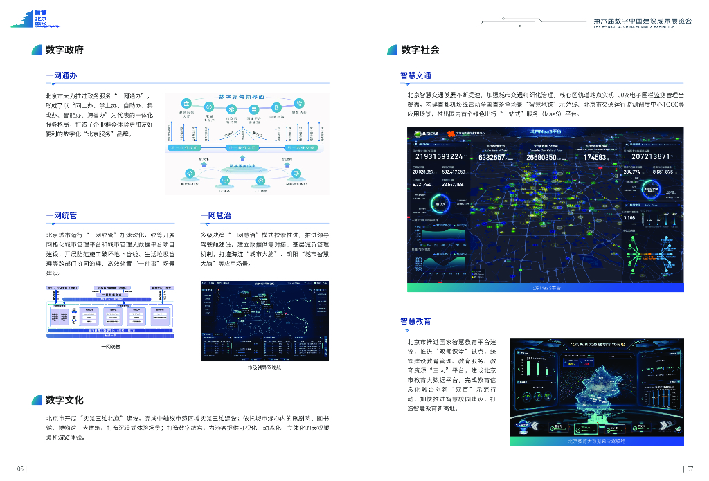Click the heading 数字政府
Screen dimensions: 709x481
[x=64, y=50]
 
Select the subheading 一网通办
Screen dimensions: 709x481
[x=60, y=75]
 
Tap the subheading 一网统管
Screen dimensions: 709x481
[x=60, y=216]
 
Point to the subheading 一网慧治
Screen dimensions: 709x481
[x=215, y=216]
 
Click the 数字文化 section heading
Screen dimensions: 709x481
[x=64, y=400]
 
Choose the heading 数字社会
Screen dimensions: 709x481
[x=420, y=50]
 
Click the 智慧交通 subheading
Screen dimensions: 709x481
[x=415, y=75]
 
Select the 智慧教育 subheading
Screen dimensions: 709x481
[x=415, y=321]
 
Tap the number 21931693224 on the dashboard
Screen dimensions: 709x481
[x=438, y=157]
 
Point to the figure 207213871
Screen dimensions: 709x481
[x=650, y=157]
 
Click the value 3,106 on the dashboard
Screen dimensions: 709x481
[x=629, y=218]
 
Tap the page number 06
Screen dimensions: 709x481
[x=20, y=469]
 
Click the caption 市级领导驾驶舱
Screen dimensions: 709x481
[x=264, y=367]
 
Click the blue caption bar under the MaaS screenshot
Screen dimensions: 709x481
[x=546, y=287]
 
